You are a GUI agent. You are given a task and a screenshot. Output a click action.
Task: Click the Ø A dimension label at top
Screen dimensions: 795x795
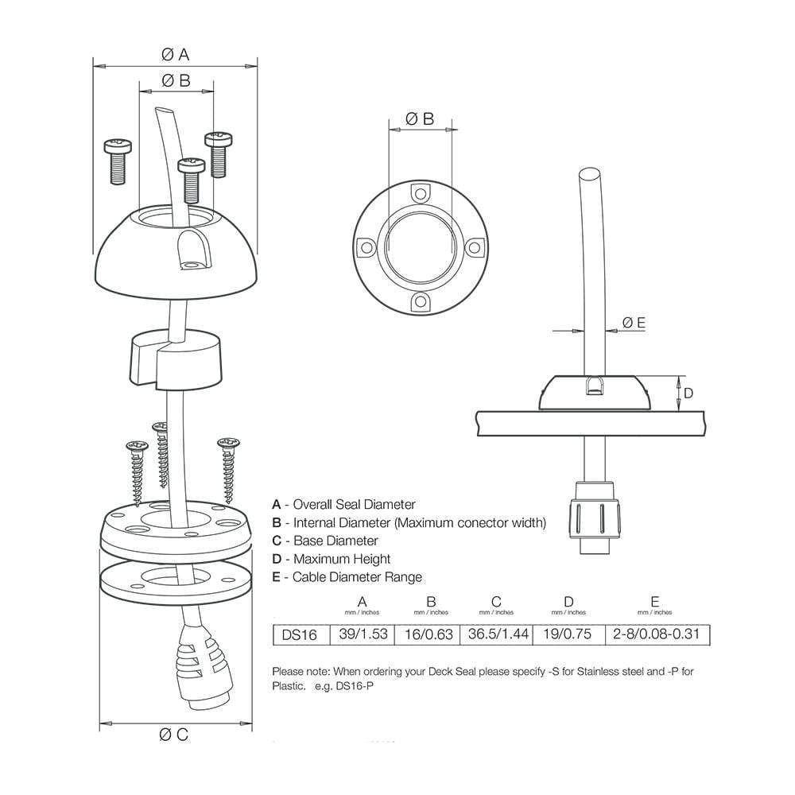point(175,54)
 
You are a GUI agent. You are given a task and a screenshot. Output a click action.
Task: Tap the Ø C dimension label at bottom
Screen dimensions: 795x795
point(175,735)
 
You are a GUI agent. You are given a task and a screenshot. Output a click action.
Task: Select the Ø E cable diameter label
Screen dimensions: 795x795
point(634,322)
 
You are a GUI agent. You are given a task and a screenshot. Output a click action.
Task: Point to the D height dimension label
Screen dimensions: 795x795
point(688,393)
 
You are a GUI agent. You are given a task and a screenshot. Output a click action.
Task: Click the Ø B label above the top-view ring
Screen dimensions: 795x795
point(420,118)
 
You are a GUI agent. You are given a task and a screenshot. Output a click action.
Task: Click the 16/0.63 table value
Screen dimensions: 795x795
point(430,634)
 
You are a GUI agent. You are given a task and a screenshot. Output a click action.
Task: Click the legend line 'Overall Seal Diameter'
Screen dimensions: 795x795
point(343,504)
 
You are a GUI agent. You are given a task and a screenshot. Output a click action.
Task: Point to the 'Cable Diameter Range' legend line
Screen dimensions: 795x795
point(347,577)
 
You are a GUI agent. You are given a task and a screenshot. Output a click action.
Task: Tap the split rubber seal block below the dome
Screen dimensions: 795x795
point(174,359)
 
